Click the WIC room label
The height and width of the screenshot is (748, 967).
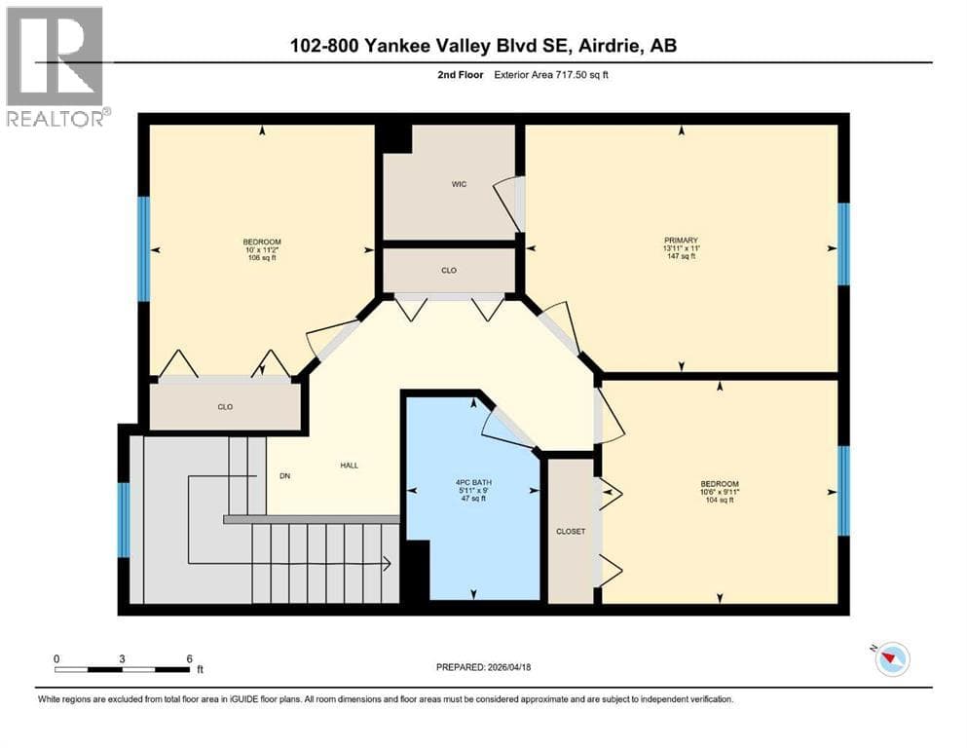tap(459, 184)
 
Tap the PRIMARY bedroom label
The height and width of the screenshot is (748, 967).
tap(681, 240)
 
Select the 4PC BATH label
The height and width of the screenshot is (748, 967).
tap(473, 482)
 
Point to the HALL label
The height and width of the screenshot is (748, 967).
tap(349, 465)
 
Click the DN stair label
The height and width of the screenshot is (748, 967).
tap(284, 475)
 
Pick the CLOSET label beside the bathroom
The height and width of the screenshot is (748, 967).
tap(571, 531)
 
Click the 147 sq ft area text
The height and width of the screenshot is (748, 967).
tap(681, 256)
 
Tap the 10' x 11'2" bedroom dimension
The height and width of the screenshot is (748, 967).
tap(262, 249)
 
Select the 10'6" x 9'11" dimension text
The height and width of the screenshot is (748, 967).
tap(719, 492)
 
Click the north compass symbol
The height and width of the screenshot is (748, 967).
tap(892, 658)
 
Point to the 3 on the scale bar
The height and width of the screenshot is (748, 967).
tap(122, 658)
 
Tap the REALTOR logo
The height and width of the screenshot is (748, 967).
tap(56, 66)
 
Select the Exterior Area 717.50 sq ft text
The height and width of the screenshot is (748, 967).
tap(551, 75)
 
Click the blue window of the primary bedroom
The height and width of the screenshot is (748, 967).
tap(843, 244)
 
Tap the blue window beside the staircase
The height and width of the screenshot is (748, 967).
tap(124, 520)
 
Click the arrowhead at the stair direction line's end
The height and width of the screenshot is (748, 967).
tap(388, 563)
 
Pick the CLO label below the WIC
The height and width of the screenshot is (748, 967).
tap(449, 270)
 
